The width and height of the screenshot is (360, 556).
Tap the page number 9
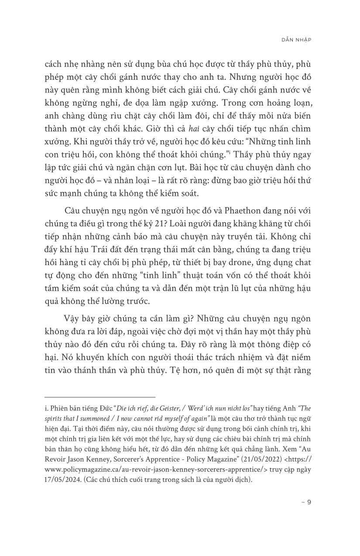pos(309,502)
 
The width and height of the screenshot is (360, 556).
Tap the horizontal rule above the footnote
pos(100,397)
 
